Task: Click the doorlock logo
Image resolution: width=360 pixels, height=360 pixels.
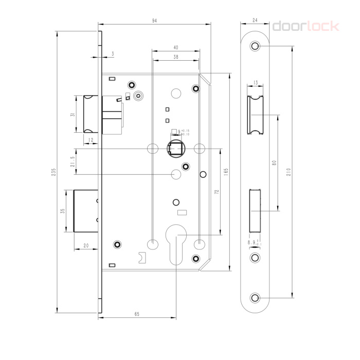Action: point(305,26)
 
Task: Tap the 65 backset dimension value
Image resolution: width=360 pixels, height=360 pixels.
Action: point(136,313)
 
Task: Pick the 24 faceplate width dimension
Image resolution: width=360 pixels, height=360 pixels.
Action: point(255,20)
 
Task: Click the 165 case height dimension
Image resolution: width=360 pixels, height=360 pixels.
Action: point(226,172)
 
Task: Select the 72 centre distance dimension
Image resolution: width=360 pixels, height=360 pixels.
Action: point(217,191)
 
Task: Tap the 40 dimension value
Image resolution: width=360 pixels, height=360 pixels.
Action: point(176,47)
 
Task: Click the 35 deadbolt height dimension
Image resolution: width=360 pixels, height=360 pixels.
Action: point(62,211)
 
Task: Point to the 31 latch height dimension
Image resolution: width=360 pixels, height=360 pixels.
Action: point(73,114)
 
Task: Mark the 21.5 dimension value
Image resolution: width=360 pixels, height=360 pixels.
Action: point(73,161)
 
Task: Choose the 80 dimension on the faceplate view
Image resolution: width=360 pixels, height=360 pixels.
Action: point(274,163)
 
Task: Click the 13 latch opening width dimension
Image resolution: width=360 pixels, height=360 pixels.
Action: point(255,82)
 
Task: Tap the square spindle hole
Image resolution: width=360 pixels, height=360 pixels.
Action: point(176,149)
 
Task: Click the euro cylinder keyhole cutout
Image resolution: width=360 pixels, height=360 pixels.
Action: point(176,246)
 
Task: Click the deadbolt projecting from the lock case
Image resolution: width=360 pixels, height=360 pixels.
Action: point(85,211)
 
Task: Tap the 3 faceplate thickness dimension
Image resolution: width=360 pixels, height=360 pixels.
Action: point(112,53)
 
